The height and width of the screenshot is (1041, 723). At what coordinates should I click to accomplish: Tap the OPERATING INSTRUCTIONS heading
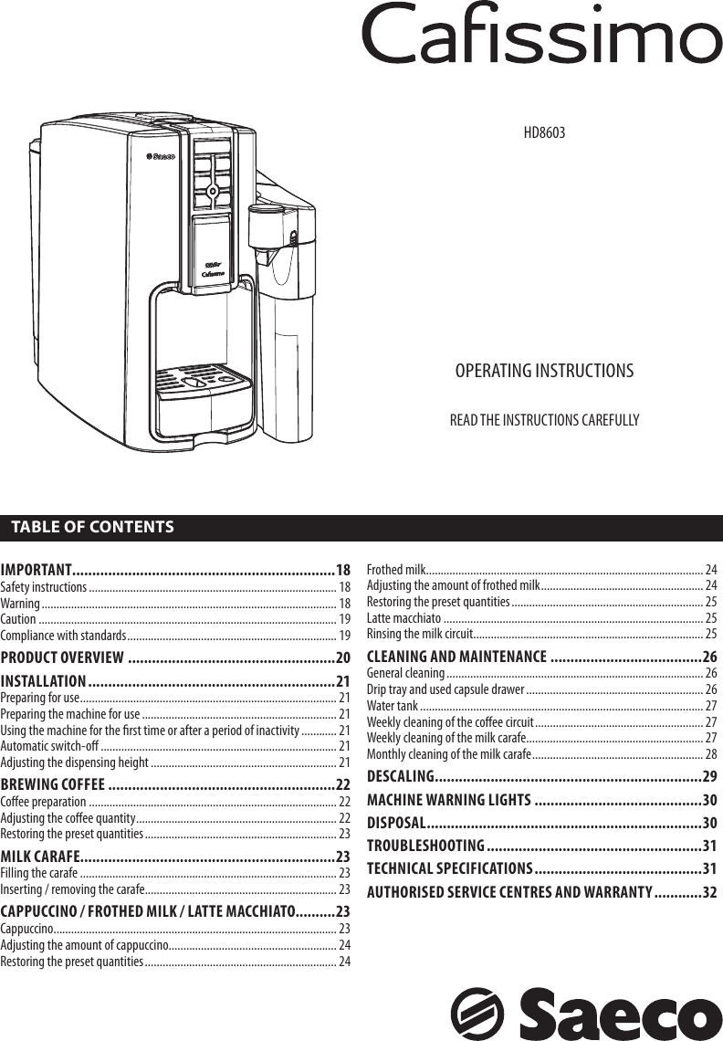click(x=544, y=371)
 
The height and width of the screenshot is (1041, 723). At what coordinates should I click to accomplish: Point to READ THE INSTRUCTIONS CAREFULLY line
click(x=544, y=420)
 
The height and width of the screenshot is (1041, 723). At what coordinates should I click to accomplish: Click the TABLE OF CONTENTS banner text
click(x=92, y=528)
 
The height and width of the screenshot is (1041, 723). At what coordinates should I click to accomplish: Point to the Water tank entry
click(x=393, y=706)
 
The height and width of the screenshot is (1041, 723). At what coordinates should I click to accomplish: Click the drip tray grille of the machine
click(x=203, y=379)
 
